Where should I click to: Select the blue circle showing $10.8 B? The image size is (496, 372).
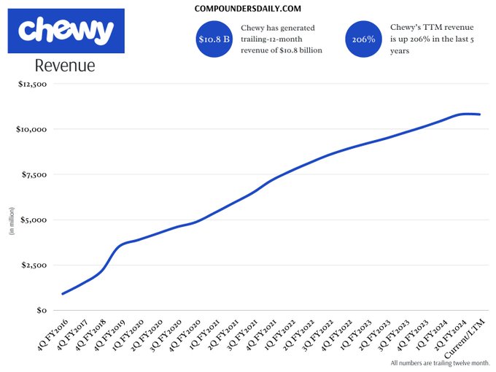click(214, 39)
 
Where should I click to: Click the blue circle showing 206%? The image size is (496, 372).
click(363, 39)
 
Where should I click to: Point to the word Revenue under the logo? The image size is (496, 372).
click(65, 66)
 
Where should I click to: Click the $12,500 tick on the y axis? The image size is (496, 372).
click(31, 84)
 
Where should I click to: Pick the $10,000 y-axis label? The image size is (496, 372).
click(31, 129)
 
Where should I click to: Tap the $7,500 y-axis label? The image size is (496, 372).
click(33, 174)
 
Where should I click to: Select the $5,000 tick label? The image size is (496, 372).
click(33, 220)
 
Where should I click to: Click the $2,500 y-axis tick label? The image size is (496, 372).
click(33, 265)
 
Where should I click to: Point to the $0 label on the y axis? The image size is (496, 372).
click(41, 310)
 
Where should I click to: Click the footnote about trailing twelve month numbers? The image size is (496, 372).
click(440, 363)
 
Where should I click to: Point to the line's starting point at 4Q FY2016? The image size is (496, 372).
click(63, 294)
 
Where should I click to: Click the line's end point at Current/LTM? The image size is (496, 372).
click(479, 115)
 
